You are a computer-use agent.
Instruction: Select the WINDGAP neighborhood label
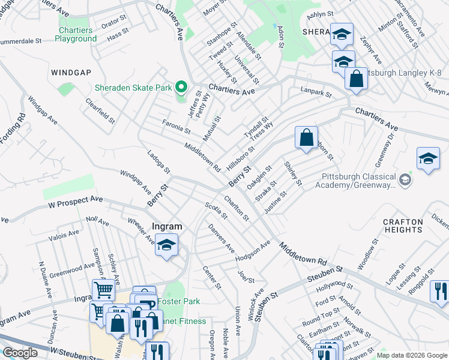point(71,73)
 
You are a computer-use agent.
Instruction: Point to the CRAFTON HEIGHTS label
point(403,226)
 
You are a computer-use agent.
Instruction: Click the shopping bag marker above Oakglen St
point(306,137)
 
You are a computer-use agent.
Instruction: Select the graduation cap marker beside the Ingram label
point(166,245)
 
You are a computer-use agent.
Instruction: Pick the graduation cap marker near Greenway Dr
point(427,159)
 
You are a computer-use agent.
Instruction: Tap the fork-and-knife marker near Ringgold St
point(439,292)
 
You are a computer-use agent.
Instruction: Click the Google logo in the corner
point(20,353)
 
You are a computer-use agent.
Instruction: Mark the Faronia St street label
point(176,126)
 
